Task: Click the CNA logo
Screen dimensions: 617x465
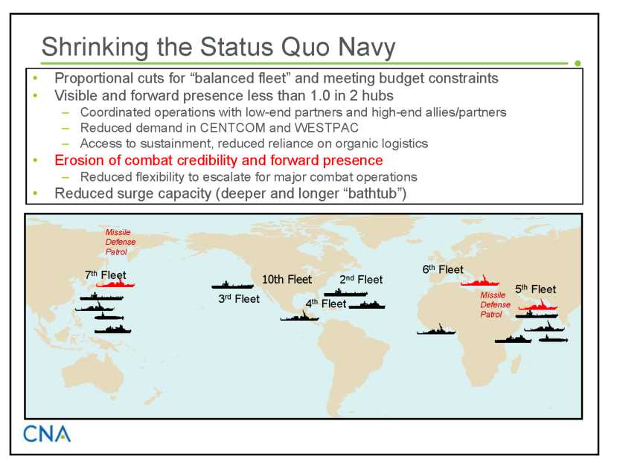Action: (47, 434)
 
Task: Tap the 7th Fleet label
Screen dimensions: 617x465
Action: (106, 275)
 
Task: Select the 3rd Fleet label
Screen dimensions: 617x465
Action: (239, 299)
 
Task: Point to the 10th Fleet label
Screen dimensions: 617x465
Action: (287, 279)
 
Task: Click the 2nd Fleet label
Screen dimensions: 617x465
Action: (361, 279)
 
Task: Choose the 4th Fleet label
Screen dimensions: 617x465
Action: (326, 304)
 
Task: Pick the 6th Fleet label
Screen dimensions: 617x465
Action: (443, 269)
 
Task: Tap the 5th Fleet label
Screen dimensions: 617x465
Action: (536, 289)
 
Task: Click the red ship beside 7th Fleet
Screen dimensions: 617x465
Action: (115, 283)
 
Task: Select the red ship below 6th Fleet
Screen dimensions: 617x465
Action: (480, 281)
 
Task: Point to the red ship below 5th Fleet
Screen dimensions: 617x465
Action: (537, 305)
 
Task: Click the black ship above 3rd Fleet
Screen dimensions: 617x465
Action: (232, 285)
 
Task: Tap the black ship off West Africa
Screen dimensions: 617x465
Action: (436, 330)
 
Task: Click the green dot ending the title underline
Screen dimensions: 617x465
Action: (578, 63)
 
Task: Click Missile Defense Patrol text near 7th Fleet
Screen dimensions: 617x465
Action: (120, 242)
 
